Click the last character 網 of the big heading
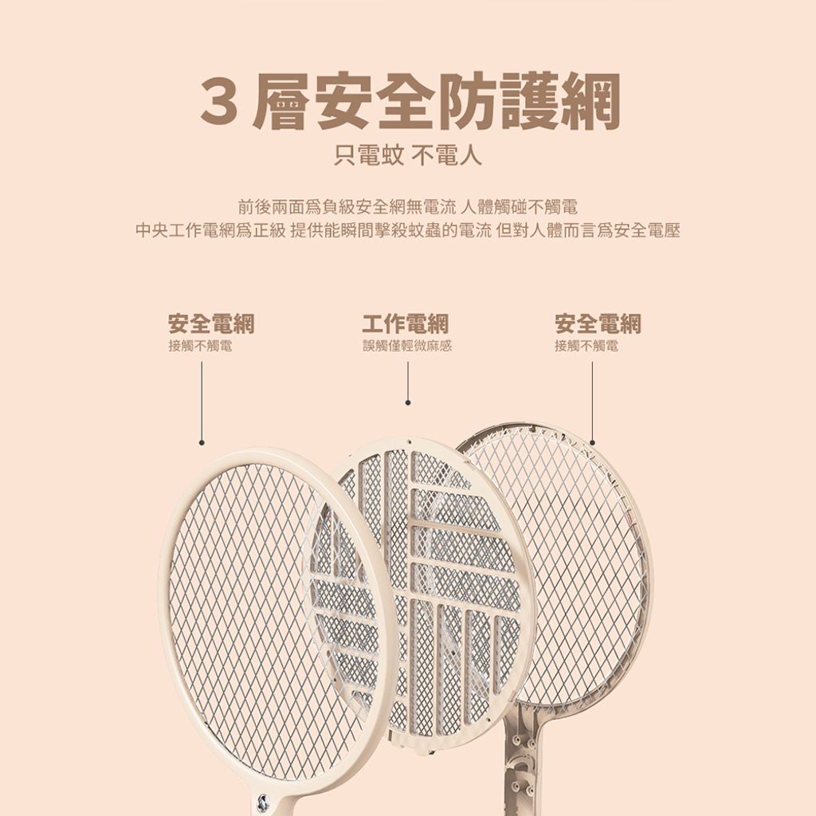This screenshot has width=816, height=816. tap(590, 101)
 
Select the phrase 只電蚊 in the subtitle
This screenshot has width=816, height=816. tap(368, 155)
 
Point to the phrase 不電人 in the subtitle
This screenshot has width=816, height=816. tap(446, 155)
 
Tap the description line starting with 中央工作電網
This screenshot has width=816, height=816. tap(408, 230)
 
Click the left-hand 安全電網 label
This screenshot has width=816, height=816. tap(211, 324)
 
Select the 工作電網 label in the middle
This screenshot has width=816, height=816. tap(406, 324)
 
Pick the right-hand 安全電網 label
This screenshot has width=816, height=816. tap(598, 324)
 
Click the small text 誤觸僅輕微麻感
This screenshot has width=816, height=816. tap(407, 346)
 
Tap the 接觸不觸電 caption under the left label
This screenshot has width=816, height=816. tap(200, 346)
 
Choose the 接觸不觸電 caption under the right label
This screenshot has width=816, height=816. tap(586, 346)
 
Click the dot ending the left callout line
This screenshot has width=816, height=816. tap(202, 443)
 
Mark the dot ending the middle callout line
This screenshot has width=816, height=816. tap(408, 402)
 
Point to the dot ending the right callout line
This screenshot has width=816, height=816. tap(592, 443)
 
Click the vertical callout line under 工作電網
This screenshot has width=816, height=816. tap(408, 382)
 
